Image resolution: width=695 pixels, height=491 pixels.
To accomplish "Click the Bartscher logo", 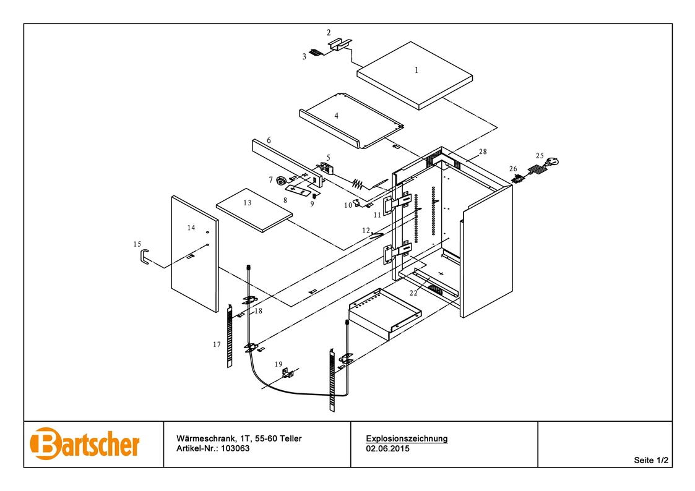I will [x=85, y=443].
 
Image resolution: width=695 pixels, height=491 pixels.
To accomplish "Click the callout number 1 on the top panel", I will [x=417, y=70].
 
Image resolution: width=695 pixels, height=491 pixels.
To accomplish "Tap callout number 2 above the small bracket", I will [x=329, y=33].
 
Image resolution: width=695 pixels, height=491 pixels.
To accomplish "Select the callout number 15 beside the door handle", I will [x=137, y=244].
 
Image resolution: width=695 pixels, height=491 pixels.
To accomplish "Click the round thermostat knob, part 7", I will [x=282, y=181].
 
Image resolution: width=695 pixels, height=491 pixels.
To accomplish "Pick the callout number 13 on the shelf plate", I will [x=248, y=203].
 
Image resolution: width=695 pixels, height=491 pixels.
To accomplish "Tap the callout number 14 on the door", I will [x=191, y=228].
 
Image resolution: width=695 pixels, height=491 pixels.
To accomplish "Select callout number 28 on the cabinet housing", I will [x=483, y=152].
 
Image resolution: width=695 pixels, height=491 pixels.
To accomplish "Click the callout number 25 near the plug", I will [x=540, y=156].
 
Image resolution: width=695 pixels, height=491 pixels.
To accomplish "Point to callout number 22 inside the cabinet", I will [x=413, y=293].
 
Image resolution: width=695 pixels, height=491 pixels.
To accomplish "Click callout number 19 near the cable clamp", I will [x=278, y=364].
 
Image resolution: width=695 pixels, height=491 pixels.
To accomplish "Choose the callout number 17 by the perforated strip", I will [x=217, y=344].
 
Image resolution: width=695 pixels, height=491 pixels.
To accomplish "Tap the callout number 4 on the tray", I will [x=336, y=116].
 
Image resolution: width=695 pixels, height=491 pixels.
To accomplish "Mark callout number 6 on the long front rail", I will [x=269, y=140].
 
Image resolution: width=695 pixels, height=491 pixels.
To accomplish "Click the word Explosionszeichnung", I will [x=407, y=438].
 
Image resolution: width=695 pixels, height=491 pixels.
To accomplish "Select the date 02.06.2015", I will [x=387, y=448].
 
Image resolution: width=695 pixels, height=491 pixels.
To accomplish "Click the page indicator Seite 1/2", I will [x=651, y=460].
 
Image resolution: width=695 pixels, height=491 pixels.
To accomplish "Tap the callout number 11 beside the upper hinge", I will [x=378, y=215].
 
